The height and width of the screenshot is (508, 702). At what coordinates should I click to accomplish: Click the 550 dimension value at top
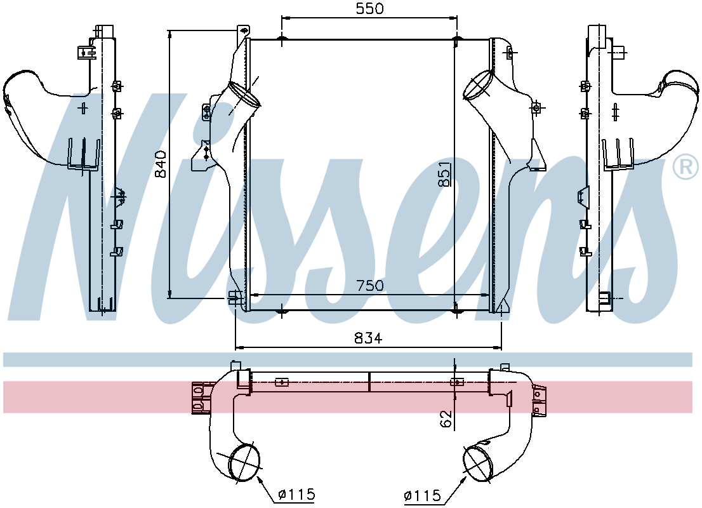pos(370,8)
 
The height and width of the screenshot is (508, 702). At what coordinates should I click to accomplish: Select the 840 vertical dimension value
pos(161,164)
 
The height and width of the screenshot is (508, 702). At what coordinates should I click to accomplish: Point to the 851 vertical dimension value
pos(446,174)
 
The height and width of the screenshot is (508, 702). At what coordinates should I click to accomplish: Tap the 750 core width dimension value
pos(370,285)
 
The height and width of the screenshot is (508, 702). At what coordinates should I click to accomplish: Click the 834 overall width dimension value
pos(369,338)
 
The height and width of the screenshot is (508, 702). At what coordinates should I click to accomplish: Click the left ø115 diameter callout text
pos(296,495)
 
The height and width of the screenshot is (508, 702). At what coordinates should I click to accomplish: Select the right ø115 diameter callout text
pos(422,496)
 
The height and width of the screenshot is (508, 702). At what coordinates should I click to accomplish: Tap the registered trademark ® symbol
pos(685,167)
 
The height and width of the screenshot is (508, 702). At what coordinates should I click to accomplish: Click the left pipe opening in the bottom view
pos(244,462)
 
